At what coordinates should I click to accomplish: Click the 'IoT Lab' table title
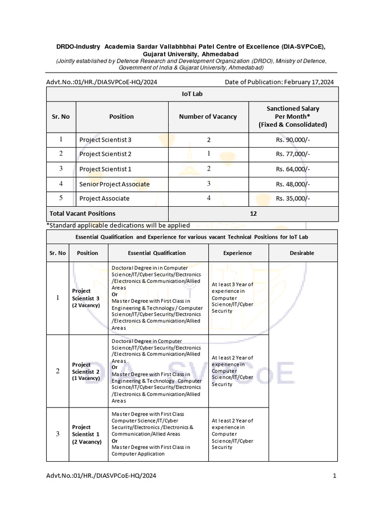[x=192, y=93]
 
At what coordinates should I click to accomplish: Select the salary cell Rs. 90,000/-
[x=293, y=140]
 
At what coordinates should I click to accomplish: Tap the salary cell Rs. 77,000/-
[x=293, y=154]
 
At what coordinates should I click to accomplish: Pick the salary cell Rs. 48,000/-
[x=293, y=184]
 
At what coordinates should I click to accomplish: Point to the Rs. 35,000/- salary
[x=293, y=198]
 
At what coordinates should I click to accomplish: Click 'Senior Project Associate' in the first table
[x=114, y=184]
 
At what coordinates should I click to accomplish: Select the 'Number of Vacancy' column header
[x=208, y=116]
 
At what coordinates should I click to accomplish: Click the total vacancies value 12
[x=254, y=213]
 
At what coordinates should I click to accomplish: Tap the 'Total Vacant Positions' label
[x=82, y=213]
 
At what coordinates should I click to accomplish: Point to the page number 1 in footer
[x=335, y=476]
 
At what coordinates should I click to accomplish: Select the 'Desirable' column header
[x=302, y=253]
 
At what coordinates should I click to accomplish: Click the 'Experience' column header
[x=237, y=253]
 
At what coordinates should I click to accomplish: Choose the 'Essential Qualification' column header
[x=157, y=253]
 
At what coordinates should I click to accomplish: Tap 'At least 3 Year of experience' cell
[x=232, y=297]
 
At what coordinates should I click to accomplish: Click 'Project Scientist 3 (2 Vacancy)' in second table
[x=86, y=298]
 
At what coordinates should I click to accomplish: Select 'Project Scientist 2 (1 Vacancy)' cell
[x=86, y=371]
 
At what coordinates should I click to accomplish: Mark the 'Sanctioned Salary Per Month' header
[x=292, y=116]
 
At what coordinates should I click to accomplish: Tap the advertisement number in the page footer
[x=101, y=476]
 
